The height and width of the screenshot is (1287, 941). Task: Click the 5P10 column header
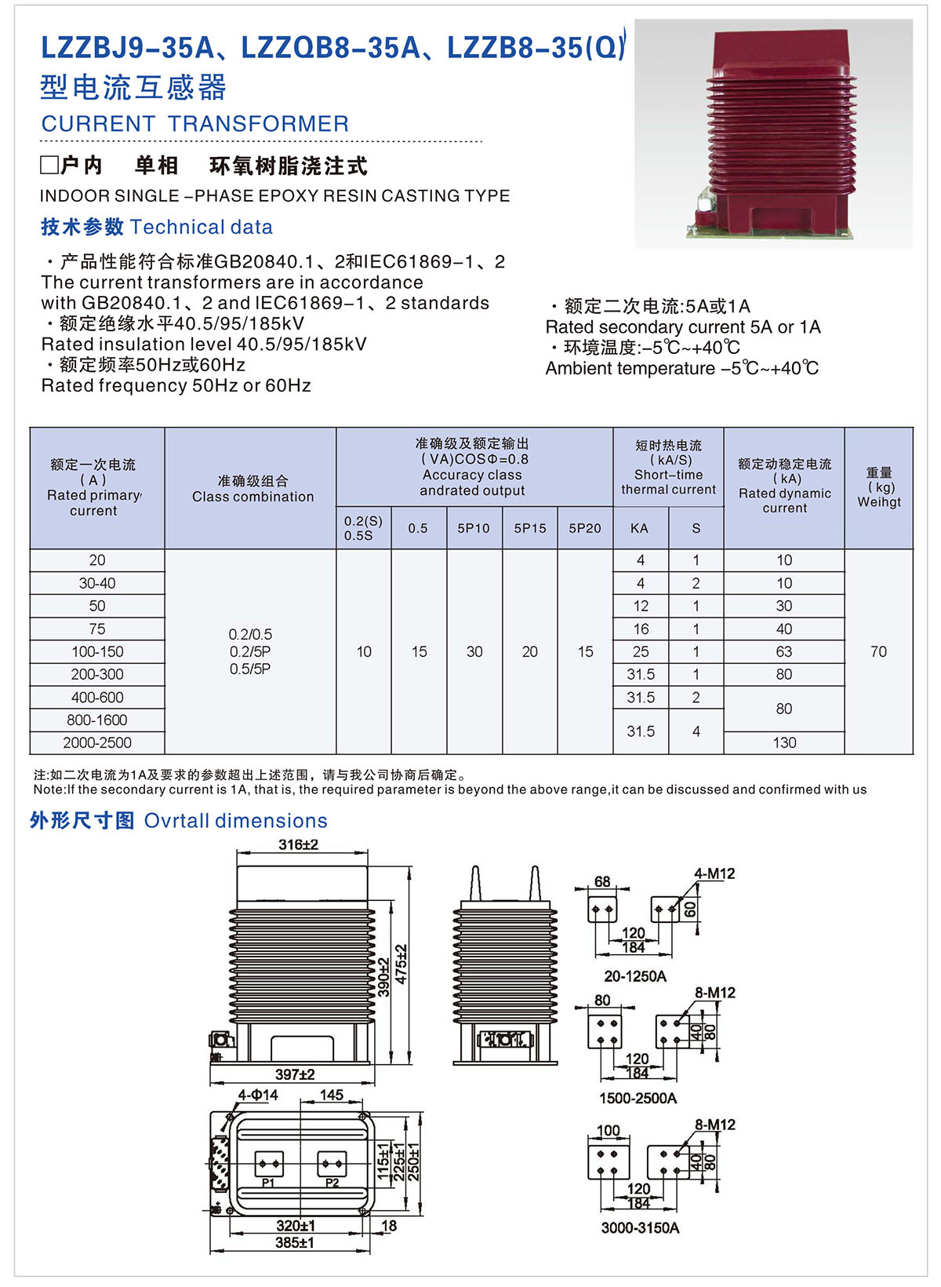pos(474,528)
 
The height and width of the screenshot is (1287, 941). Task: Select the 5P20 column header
pos(585,528)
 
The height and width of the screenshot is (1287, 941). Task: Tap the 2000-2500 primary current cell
pos(97,742)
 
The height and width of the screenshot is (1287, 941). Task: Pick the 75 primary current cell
pos(97,629)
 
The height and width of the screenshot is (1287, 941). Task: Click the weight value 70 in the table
pos(878,651)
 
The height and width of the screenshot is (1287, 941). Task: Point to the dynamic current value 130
pos(784,742)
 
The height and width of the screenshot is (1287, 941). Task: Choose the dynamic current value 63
pos(784,651)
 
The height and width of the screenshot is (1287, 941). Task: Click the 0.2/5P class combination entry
pos(250,651)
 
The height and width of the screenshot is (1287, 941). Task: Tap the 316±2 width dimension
pos(299,844)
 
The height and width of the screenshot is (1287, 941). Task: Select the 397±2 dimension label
pos(295,1074)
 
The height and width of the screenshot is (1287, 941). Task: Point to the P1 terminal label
pos(268,1183)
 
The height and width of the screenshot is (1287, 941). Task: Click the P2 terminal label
pos(332,1183)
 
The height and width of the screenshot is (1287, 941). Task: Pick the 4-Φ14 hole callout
pos(258,1095)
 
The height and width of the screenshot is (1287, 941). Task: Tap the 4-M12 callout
pos(714,873)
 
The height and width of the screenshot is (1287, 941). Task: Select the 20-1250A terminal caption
pos(635,976)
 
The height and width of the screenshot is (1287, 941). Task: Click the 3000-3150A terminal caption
pos(640,1227)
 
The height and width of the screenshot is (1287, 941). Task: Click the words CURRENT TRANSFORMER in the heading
pos(195,124)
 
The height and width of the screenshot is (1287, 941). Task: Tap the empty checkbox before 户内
pos(49,165)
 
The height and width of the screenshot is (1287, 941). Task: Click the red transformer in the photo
pos(776,133)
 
